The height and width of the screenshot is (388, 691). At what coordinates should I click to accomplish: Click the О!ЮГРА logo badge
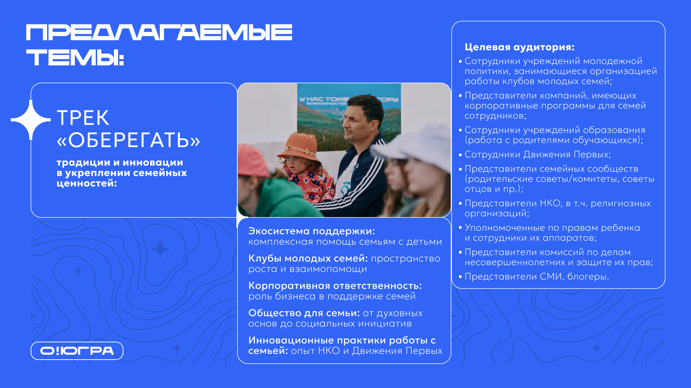[x=77, y=351]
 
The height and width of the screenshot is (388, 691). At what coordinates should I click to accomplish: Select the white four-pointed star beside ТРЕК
[x=31, y=120]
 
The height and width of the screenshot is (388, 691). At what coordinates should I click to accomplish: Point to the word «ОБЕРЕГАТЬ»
[x=128, y=140]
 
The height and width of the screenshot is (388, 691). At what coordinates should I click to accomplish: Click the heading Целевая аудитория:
[x=519, y=47]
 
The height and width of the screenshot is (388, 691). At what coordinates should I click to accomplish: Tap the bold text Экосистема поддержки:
[x=312, y=231]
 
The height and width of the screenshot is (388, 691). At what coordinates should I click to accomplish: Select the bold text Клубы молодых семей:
[x=308, y=258]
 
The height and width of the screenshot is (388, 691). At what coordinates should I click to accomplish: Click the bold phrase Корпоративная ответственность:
[x=335, y=286]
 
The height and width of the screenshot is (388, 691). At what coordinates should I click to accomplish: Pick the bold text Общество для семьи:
[x=304, y=313]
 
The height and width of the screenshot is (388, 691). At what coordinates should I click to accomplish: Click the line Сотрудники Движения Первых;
[x=538, y=154]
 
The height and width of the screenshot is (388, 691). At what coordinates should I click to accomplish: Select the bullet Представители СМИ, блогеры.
[x=537, y=277]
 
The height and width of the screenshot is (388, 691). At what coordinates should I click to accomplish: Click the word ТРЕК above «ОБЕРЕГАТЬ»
[x=83, y=118]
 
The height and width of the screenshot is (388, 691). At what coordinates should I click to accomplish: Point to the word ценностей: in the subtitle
[x=87, y=184]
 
